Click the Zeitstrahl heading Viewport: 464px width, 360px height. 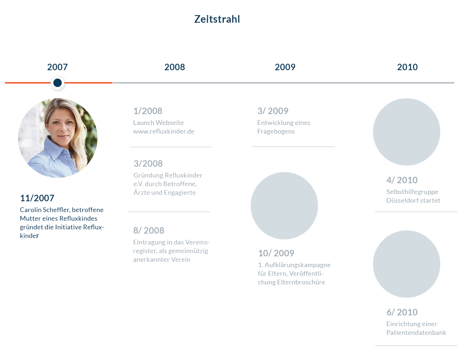[x=217, y=19]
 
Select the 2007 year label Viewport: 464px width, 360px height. [x=57, y=67]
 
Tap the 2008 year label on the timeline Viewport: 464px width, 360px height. [x=174, y=67]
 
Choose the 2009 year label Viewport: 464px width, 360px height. [x=285, y=67]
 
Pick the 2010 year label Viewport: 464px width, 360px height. [x=407, y=67]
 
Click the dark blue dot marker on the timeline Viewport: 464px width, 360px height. [x=58, y=83]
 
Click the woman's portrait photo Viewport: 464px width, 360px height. [x=58, y=138]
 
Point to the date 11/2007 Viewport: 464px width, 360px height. [x=37, y=198]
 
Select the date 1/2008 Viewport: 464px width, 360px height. [x=148, y=111]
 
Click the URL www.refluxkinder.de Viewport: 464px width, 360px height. [x=164, y=131]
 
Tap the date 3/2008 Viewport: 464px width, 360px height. [x=148, y=164]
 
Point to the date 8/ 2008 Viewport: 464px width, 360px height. [x=149, y=230]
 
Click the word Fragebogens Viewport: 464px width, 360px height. [x=276, y=131]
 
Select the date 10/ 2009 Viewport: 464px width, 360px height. [x=276, y=253]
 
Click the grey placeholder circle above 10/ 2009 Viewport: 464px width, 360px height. [x=284, y=206]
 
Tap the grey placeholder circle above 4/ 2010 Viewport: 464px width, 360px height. [x=406, y=132]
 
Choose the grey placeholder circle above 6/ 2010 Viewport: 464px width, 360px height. [x=406, y=264]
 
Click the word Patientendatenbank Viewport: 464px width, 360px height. [x=416, y=333]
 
